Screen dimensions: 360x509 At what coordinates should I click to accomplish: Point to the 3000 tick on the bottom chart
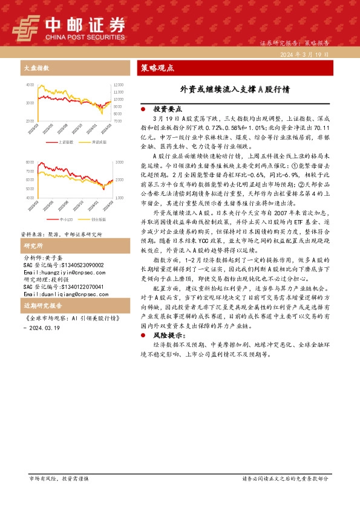pyautogui.click(x=117, y=163)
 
